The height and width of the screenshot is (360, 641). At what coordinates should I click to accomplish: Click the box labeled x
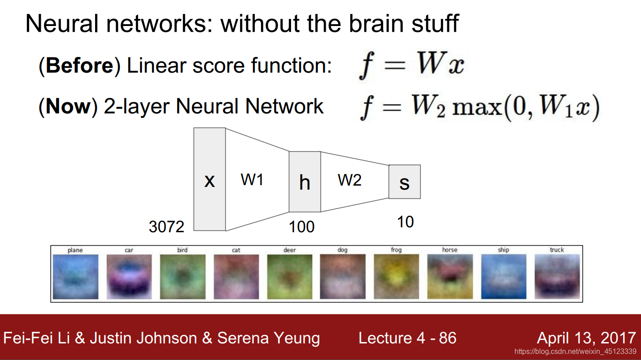[209, 179]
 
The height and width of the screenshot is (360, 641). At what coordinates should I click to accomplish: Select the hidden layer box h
[305, 182]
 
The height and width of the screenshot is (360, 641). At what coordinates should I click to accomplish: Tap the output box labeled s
[405, 182]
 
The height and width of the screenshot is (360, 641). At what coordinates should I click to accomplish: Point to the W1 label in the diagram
[252, 180]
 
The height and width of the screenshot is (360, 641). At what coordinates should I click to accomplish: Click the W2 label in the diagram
[349, 180]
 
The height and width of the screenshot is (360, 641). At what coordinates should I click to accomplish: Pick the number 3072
[166, 227]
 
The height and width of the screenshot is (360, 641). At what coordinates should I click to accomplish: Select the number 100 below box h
[301, 227]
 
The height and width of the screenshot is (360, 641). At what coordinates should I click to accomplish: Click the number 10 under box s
[405, 222]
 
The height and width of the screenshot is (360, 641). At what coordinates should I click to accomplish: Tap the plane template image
[75, 277]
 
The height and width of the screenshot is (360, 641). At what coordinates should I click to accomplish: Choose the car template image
[129, 277]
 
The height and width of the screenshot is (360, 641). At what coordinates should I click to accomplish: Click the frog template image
[396, 277]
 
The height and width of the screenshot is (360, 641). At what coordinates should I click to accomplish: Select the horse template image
[449, 277]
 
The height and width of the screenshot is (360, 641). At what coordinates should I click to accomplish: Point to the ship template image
[503, 277]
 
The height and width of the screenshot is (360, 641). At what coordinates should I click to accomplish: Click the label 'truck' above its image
[557, 250]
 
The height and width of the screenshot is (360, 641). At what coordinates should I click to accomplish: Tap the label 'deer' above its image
[289, 250]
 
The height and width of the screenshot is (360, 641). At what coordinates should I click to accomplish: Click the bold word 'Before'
[79, 66]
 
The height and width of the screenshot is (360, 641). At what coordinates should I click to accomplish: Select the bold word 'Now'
[68, 106]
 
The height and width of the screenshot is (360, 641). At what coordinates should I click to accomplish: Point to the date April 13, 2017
[586, 338]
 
